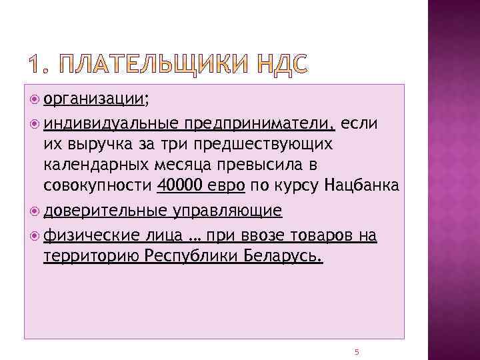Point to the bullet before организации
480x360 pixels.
coord(35,100)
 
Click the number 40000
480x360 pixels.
coord(180,185)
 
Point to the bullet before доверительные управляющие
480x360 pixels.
coord(35,211)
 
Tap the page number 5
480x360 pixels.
coord(357,351)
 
